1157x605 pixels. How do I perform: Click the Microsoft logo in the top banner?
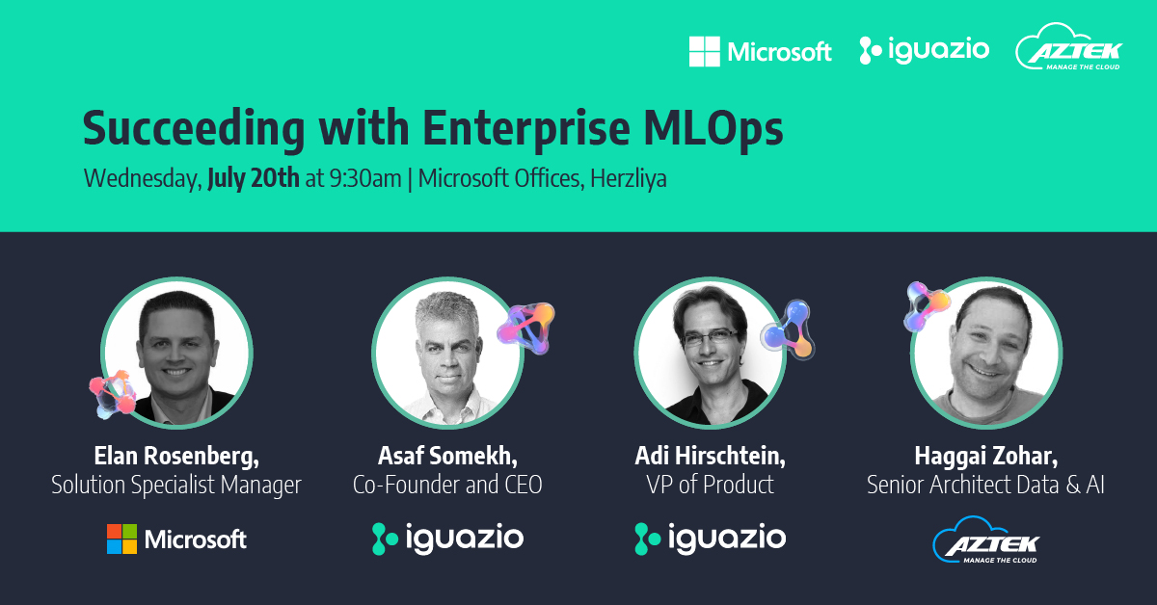[760, 51]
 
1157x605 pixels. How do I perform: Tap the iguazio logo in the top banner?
[924, 50]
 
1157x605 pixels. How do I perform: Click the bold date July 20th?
[254, 179]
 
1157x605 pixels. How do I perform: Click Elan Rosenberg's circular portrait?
[176, 353]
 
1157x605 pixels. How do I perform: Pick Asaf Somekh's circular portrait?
[447, 353]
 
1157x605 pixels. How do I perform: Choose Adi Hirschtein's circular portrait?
[710, 353]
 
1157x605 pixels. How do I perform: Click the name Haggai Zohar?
[984, 456]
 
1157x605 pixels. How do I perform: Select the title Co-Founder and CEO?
[447, 484]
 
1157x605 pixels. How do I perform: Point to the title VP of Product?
[710, 484]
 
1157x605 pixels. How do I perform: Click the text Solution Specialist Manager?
[176, 484]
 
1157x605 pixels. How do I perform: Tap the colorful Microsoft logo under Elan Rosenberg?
[176, 539]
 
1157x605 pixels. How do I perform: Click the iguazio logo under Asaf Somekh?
[447, 539]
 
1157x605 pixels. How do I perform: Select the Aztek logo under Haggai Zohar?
[985, 541]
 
